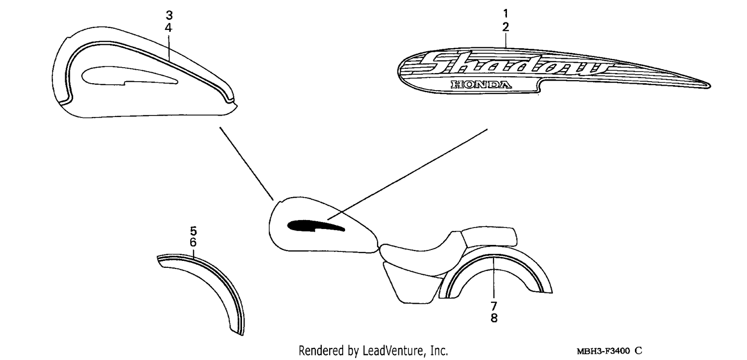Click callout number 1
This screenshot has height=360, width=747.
(x=505, y=13)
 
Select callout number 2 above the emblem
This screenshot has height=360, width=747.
(x=505, y=27)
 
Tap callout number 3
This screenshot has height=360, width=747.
(x=169, y=15)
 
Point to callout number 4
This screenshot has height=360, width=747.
(x=169, y=28)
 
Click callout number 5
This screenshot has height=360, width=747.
(x=193, y=231)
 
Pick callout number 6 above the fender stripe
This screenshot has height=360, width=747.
(x=193, y=242)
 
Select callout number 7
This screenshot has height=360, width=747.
(x=494, y=306)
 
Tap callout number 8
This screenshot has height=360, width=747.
(x=494, y=318)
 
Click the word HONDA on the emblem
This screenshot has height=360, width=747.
(x=481, y=85)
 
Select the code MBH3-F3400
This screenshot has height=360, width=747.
(x=603, y=351)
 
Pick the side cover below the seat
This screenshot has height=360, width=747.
(x=412, y=283)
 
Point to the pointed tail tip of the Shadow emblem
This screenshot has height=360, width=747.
(x=710, y=86)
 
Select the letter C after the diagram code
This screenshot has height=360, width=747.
(x=638, y=351)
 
